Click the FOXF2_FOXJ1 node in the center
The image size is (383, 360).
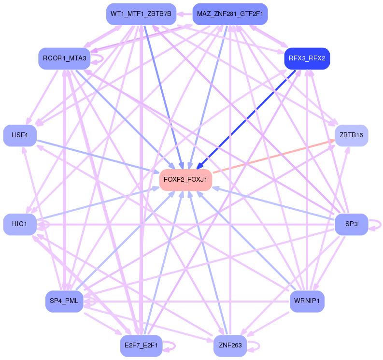185,180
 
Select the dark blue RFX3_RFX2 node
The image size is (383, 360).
307,58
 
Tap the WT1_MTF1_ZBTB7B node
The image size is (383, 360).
141,14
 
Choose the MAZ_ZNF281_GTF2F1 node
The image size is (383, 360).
230,14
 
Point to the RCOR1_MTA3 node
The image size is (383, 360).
64,58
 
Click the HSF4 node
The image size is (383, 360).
20,135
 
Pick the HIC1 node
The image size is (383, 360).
20,224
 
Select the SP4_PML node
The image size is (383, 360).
64,302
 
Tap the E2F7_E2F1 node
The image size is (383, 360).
141,346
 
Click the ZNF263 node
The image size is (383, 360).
230,346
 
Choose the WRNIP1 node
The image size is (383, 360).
307,302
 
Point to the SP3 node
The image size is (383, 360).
351,224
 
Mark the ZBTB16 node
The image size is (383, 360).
351,135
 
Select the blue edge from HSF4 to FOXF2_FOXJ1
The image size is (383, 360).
97,156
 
